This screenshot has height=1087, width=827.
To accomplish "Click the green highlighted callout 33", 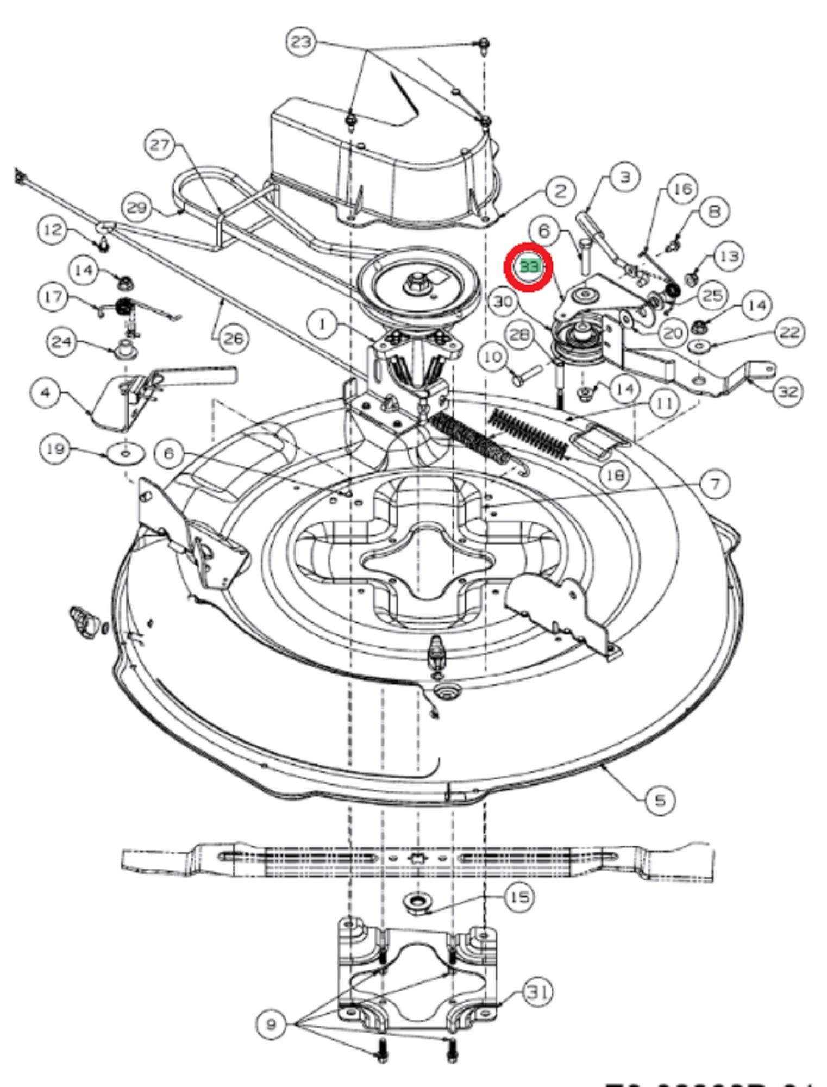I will click(529, 267).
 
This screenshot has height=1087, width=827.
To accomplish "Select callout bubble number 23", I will click(301, 41).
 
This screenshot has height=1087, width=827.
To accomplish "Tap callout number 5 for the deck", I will click(659, 799).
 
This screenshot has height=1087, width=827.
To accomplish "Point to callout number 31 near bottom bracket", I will click(537, 992).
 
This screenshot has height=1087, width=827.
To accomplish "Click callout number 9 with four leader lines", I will click(271, 1024).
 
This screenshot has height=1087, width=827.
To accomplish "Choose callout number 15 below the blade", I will click(519, 896).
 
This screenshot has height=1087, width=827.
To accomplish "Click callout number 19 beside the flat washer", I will click(55, 449).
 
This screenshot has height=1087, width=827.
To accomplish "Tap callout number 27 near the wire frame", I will click(160, 145).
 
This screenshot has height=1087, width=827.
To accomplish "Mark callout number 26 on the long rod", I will click(234, 338).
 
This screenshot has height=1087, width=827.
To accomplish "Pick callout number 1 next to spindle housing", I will click(322, 324).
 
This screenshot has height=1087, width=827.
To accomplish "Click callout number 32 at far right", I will click(788, 391).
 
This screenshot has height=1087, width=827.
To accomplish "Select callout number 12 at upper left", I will click(53, 229).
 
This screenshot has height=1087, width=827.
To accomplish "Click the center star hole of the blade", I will click(417, 858).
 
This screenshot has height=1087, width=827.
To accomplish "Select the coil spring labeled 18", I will click(528, 433).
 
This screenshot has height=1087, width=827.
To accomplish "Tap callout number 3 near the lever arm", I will click(625, 177).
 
